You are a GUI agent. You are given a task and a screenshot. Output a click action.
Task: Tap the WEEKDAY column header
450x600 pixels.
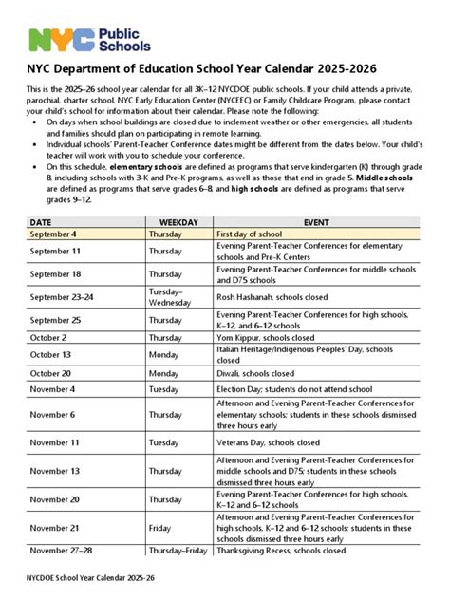point(178,221)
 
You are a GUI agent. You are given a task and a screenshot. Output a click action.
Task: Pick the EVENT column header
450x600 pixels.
point(316,221)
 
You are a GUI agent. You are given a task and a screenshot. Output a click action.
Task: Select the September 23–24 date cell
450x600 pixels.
point(62,296)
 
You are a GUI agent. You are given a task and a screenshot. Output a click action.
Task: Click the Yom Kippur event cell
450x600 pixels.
point(272,337)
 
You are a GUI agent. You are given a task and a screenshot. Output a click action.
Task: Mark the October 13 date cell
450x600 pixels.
point(50,355)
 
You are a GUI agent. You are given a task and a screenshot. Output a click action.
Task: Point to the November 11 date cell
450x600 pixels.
point(55,442)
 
